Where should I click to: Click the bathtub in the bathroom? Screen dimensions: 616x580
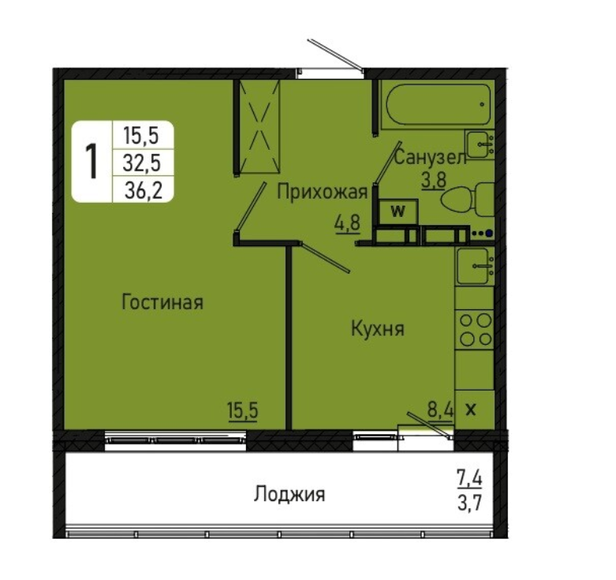point(438,104)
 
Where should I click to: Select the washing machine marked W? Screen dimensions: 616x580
point(398,211)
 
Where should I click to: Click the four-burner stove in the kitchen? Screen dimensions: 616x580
point(475,330)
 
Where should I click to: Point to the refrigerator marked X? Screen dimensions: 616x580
point(474,410)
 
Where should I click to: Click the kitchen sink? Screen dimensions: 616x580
point(475,267)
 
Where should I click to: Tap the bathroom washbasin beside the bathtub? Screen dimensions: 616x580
point(480,144)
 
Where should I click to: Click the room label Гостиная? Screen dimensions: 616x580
point(162,302)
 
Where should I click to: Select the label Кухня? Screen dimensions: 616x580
point(378,328)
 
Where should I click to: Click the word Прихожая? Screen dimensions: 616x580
point(322,193)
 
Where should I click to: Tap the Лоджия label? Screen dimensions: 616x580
point(289,494)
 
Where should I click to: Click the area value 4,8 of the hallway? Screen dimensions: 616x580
point(347,223)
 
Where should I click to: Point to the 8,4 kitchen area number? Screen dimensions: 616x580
point(440,410)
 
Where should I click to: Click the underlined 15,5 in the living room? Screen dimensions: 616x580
point(242,411)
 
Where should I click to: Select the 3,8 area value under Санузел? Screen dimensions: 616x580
point(434,181)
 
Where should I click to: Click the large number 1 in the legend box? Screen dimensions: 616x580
point(91,162)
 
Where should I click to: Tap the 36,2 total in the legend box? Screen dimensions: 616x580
point(144,192)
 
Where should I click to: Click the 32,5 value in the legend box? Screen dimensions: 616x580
point(142,163)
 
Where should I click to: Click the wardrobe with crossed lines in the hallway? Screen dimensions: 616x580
point(259,126)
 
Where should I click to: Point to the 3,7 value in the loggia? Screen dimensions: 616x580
point(469,503)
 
